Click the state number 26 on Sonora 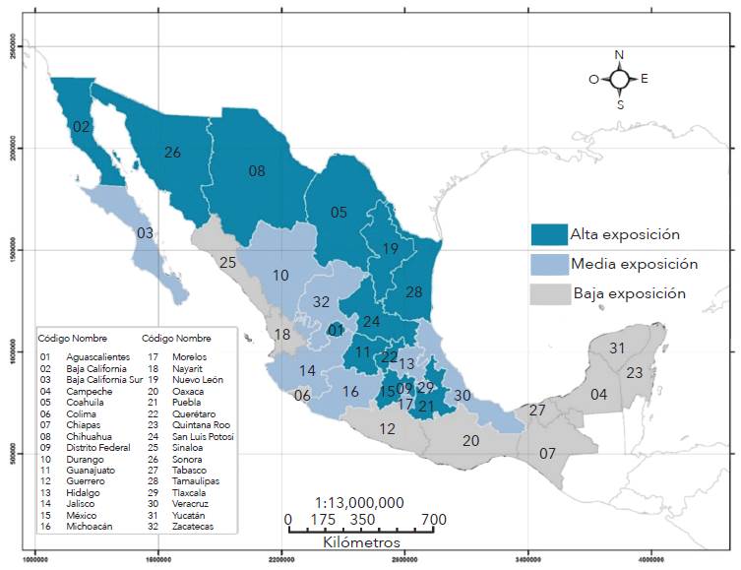pos(172,153)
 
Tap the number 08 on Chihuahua pos(257,171)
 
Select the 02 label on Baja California pos(82,126)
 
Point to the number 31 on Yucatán pos(617,348)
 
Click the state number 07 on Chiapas pos(547,454)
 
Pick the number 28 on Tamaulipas pos(413,292)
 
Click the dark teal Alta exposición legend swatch pos(547,234)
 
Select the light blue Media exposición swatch pos(547,264)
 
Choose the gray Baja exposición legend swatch pos(547,293)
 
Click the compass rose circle pos(619,79)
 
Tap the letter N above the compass pos(619,55)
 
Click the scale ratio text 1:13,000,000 pos(359,502)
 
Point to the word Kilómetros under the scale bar pos(361,542)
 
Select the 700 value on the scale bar pos(434,520)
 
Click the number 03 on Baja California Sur pos(145,233)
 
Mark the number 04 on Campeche pos(598,395)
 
